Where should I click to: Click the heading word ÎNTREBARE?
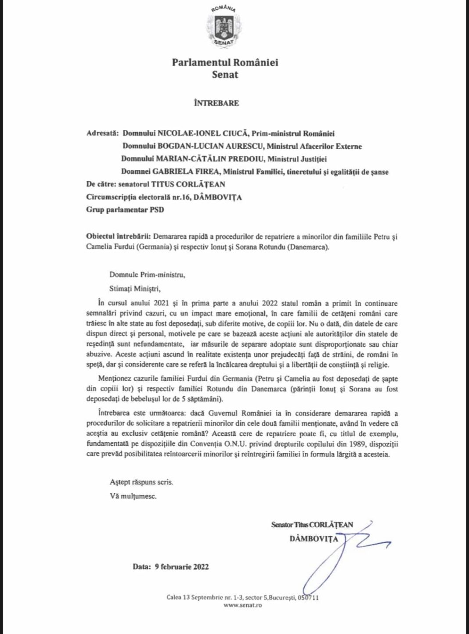(x=216, y=103)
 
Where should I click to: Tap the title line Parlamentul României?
(x=225, y=62)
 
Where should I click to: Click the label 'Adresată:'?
(x=103, y=133)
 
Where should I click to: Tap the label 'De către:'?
(x=101, y=184)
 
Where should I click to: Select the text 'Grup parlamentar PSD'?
(x=125, y=210)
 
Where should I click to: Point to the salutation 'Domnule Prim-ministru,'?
(x=147, y=275)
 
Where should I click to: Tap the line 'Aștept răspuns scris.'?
(x=141, y=482)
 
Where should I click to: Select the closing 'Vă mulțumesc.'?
(x=133, y=497)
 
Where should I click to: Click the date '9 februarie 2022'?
(x=181, y=567)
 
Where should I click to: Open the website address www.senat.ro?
(x=242, y=605)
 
